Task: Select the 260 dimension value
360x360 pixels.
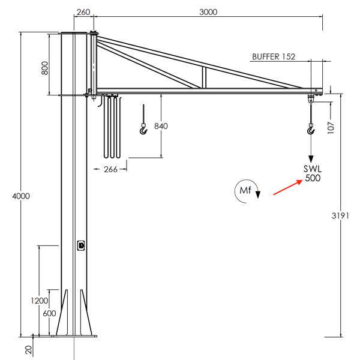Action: click(84, 12)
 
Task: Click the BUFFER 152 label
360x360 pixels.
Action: click(274, 57)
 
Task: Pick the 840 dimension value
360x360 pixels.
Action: click(161, 127)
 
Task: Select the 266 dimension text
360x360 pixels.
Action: click(110, 169)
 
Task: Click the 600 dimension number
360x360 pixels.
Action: click(49, 313)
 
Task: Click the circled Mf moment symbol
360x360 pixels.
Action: click(245, 191)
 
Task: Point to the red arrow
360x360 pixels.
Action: click(287, 187)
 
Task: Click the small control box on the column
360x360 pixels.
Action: click(81, 244)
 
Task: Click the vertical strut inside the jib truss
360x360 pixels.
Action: click(204, 77)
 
